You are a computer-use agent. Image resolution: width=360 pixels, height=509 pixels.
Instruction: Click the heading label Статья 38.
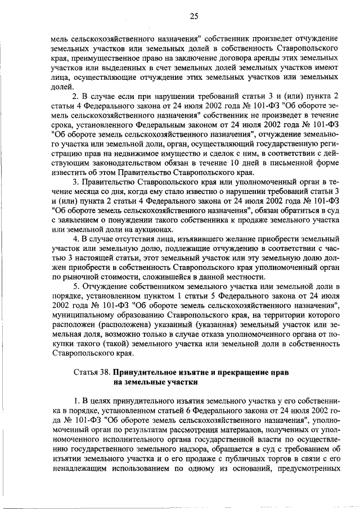[92, 372]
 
